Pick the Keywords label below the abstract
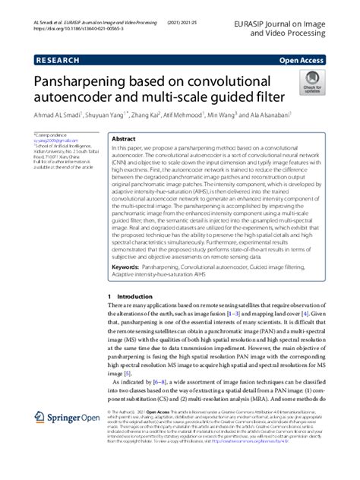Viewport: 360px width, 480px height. tap(128, 268)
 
